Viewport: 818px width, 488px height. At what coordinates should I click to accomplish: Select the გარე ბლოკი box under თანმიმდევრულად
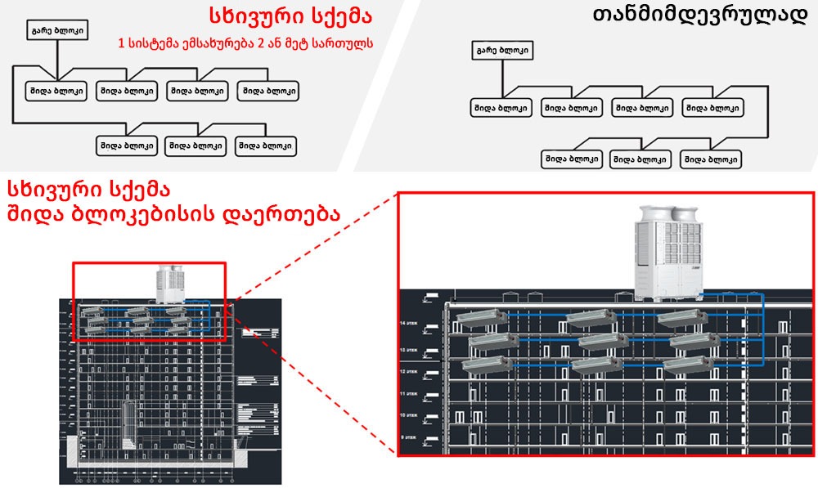[501, 51]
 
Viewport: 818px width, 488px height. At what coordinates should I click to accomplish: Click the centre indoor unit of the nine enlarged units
[603, 341]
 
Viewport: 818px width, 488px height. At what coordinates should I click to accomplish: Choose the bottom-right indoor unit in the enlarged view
[689, 365]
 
